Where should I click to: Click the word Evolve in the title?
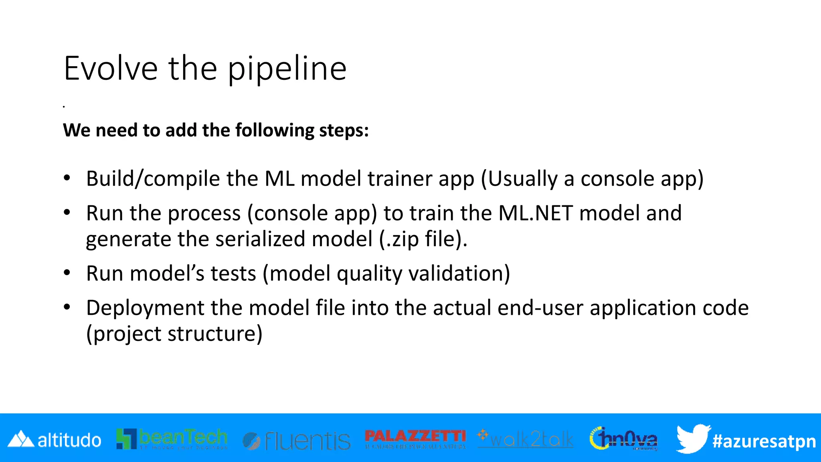pyautogui.click(x=111, y=69)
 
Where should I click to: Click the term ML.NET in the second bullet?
pyautogui.click(x=536, y=213)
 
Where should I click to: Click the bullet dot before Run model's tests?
pyautogui.click(x=67, y=273)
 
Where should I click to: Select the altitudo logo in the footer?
pyautogui.click(x=55, y=440)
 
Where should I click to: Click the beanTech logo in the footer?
pyautogui.click(x=172, y=439)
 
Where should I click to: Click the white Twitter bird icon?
pyautogui.click(x=693, y=438)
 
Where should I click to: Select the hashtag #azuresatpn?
pyautogui.click(x=764, y=441)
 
